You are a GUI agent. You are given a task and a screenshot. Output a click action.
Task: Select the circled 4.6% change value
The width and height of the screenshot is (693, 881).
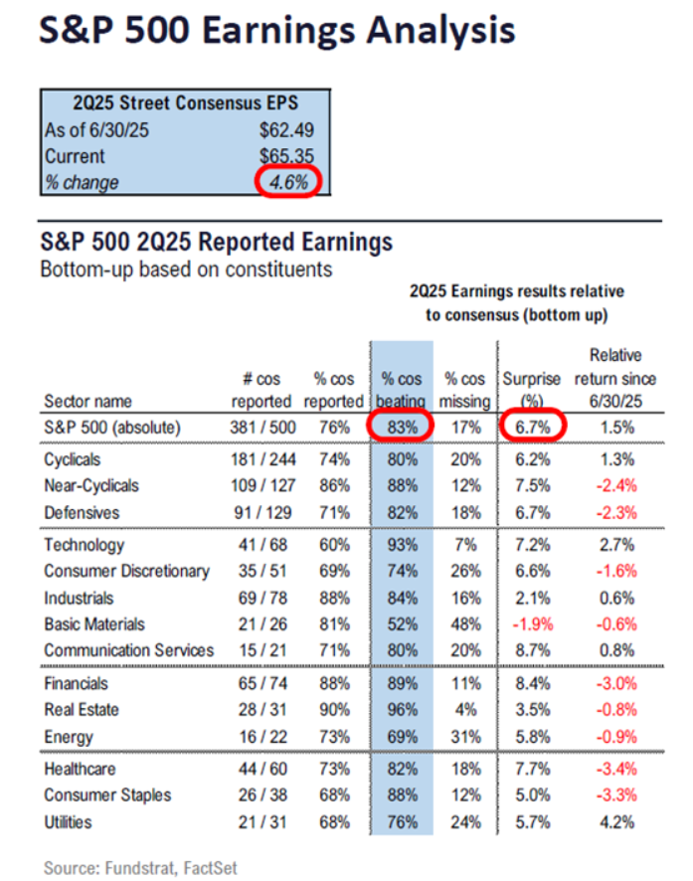point(285,183)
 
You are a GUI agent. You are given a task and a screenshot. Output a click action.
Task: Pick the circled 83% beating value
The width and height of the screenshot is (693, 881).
point(403,428)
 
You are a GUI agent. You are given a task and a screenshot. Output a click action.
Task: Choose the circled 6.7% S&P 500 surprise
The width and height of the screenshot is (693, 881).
point(532,428)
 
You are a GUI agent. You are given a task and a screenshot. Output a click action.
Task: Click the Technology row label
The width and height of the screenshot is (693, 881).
point(85,545)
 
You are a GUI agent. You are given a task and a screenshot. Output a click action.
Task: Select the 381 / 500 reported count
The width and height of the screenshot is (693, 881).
point(260,428)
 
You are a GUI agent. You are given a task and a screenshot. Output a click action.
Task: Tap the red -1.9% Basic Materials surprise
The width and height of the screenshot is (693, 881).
point(532,623)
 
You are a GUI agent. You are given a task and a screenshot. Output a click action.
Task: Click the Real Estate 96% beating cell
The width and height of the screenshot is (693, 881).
point(403,710)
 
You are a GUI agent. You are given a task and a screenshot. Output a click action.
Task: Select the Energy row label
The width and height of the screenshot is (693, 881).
point(69,737)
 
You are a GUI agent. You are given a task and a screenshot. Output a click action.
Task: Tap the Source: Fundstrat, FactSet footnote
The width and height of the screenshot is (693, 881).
point(141,867)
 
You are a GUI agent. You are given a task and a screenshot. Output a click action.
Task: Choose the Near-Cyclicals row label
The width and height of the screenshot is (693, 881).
point(91,486)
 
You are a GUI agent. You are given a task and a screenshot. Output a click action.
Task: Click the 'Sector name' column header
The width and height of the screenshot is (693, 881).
point(87,402)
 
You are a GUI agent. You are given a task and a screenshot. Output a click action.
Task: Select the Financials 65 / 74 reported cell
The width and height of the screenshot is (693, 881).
point(260,684)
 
